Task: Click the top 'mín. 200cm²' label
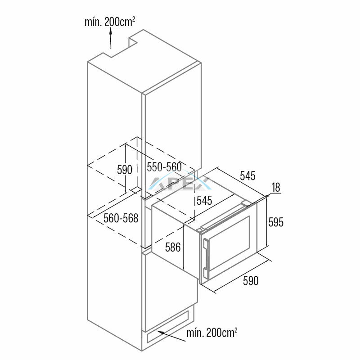coord(110,22)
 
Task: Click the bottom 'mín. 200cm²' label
coord(211,333)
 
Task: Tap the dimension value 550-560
coord(164,167)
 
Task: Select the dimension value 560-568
coord(121,218)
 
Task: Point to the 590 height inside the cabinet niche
coord(125,170)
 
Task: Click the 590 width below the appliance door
coord(251,280)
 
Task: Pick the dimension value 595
coord(276,222)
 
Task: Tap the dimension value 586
coord(173,247)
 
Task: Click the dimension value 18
coord(276,187)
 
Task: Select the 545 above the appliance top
coord(248,176)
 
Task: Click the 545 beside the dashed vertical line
coord(204,201)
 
